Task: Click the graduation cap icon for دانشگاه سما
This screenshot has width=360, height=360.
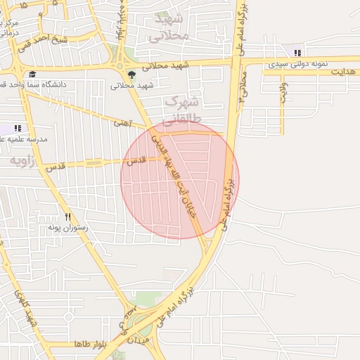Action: (x=32, y=74)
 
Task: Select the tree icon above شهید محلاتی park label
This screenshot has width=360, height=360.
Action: (x=131, y=75)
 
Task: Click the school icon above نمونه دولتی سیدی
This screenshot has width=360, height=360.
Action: (x=298, y=53)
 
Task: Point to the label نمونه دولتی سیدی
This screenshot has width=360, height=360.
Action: (x=297, y=64)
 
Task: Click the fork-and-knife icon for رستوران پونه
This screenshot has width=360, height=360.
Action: (x=67, y=217)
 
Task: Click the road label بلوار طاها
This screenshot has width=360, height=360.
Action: (x=89, y=345)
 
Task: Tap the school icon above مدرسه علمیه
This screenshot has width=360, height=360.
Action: (x=17, y=128)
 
